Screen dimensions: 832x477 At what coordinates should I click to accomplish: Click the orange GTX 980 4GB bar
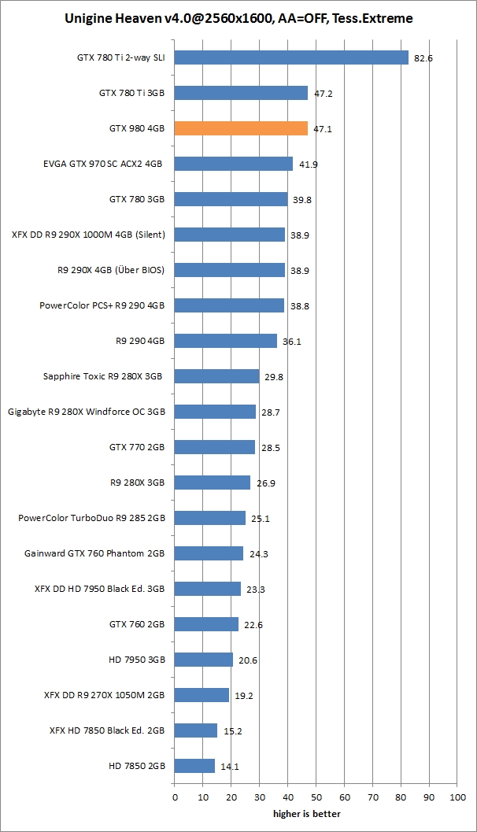click(x=241, y=128)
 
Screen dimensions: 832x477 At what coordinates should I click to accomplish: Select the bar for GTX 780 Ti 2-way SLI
click(x=291, y=57)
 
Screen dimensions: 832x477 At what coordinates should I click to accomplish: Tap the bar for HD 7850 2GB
click(x=194, y=766)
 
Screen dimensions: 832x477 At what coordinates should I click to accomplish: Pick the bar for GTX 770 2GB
click(x=215, y=447)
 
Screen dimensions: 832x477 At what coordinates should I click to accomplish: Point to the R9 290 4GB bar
click(x=226, y=341)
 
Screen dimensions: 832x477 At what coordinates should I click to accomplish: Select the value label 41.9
click(x=308, y=165)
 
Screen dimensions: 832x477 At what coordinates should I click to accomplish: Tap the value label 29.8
click(x=274, y=377)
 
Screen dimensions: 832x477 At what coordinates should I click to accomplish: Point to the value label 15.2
click(x=232, y=731)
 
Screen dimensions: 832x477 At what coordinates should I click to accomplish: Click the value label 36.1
click(x=292, y=342)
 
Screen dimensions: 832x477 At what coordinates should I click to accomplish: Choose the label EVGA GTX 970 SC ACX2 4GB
click(x=103, y=164)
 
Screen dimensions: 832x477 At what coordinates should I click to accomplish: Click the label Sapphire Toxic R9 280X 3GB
click(x=103, y=376)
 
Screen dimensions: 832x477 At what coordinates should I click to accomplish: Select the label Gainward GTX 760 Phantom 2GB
click(x=94, y=553)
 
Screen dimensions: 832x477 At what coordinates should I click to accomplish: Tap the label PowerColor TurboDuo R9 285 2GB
click(x=91, y=518)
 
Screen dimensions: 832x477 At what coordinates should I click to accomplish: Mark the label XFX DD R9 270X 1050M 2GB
click(x=104, y=695)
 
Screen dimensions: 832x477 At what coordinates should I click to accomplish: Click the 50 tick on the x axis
click(x=316, y=797)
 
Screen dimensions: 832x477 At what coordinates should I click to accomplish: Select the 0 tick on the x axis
click(x=175, y=797)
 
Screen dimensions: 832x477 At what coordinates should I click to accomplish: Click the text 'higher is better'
click(x=307, y=814)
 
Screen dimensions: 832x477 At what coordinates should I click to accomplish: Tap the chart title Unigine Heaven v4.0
click(x=238, y=17)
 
